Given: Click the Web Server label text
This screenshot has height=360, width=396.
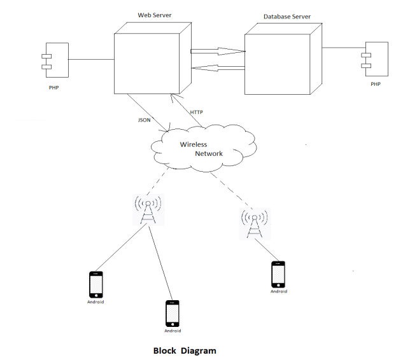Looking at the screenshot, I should (154, 15).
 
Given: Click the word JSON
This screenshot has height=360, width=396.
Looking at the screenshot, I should (145, 120).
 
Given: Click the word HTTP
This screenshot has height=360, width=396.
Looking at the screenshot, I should (197, 112).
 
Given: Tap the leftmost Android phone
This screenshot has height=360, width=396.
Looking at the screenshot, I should (95, 284).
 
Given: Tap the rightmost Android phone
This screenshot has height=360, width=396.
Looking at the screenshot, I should (278, 273).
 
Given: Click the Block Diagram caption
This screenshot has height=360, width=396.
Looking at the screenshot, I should (185, 350).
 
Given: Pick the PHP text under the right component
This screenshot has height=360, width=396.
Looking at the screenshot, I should (376, 83).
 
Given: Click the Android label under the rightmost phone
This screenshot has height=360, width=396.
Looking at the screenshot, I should (278, 291).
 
